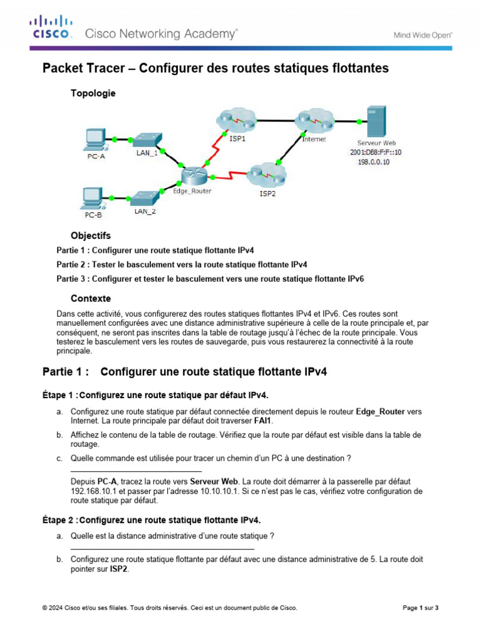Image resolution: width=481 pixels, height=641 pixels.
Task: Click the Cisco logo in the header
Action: (51, 28)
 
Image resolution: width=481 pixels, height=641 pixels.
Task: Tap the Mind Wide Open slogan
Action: (423, 36)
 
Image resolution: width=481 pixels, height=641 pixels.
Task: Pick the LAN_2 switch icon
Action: (145, 197)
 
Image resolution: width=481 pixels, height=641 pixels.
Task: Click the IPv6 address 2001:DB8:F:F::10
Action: (376, 152)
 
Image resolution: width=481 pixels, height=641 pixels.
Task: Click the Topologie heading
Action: (93, 93)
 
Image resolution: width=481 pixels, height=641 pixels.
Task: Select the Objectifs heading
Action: (91, 236)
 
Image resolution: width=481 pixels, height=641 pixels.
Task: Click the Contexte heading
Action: (91, 299)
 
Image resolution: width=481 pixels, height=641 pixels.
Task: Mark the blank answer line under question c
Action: (136, 470)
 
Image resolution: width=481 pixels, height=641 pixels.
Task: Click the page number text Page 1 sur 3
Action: (420, 608)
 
